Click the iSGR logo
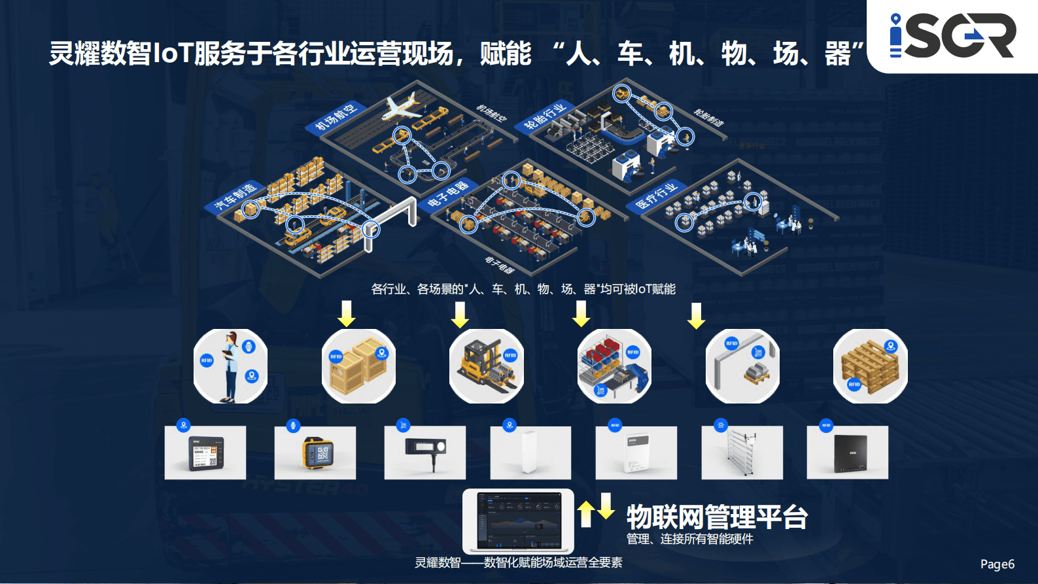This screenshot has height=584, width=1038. coord(952,36)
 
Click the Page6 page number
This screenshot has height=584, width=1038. coord(997,564)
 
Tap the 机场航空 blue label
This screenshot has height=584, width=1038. coord(336,117)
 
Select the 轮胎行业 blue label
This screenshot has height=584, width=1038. coord(544,116)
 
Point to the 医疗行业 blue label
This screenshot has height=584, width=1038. coord(656,196)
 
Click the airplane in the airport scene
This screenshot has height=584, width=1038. coord(403,107)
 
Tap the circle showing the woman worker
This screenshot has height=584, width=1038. coord(230,366)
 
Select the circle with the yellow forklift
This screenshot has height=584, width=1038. coord(486,366)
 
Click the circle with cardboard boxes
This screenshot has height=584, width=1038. coord(358,366)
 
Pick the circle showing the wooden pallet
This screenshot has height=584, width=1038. coord(870,366)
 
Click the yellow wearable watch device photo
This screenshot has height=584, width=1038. coord(315,453)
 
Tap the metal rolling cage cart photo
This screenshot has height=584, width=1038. coord(742,453)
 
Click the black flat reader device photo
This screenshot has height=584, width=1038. coord(848,453)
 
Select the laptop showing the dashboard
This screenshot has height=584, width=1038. coord(518,521)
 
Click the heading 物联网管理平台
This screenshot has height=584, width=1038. coord(717,517)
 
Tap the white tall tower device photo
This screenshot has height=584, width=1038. coord(530,453)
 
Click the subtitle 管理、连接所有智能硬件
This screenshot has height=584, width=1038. coord(689,539)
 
